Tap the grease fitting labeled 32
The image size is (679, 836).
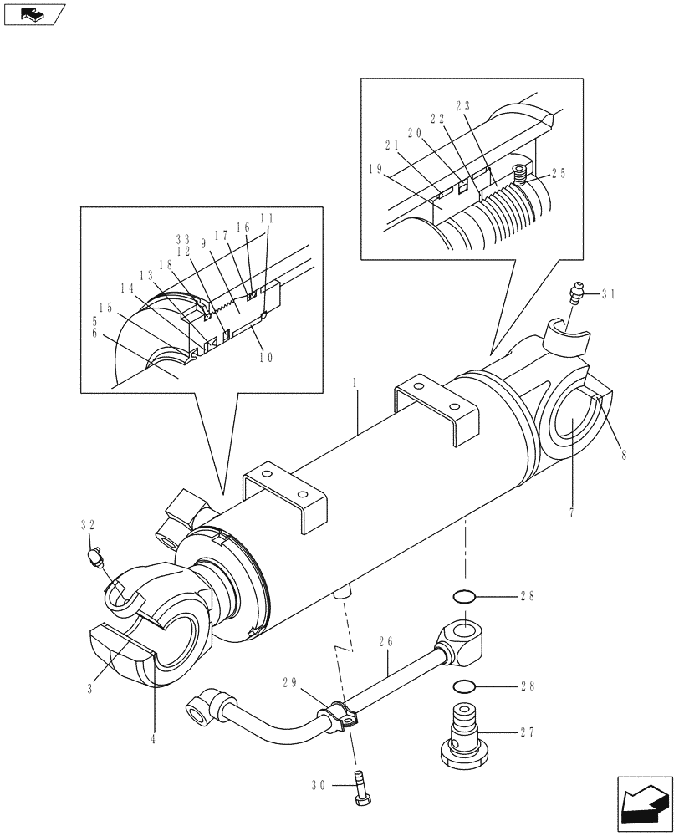[97, 554]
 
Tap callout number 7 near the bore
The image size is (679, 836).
[572, 509]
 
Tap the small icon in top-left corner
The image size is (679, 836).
[33, 14]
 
